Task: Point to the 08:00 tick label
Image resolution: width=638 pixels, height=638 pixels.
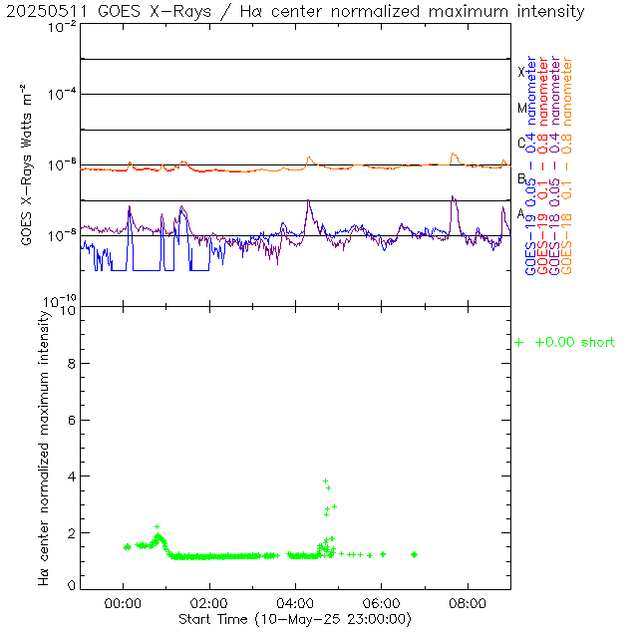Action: pos(468,603)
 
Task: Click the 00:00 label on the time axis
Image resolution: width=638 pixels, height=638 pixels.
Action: pos(123,603)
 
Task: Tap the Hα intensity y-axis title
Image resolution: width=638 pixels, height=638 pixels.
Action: pos(44,447)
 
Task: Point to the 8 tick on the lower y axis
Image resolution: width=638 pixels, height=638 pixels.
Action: pos(70,365)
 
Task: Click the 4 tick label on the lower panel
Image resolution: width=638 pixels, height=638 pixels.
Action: pos(70,477)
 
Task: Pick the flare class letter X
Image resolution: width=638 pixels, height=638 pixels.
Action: pos(521,72)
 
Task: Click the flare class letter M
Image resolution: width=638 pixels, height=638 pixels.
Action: pos(521,108)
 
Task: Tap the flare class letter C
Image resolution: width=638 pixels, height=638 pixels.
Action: pos(521,143)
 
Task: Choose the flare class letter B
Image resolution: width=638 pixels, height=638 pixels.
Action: pos(521,178)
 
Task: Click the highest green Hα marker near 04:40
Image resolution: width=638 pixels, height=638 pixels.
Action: pos(325,481)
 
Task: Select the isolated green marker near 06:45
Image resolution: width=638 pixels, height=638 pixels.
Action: pos(414,554)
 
